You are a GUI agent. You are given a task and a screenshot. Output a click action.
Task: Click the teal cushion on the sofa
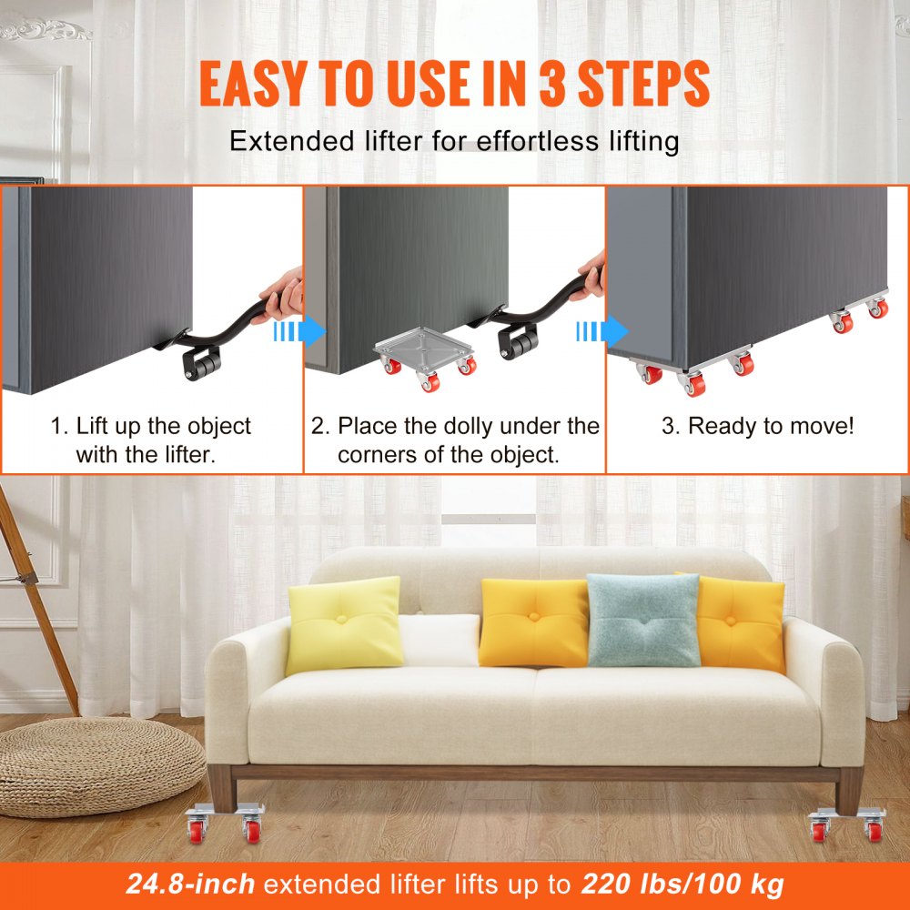643,620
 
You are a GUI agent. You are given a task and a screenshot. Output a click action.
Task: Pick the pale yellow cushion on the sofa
345,625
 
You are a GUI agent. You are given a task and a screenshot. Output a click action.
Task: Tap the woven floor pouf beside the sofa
101,763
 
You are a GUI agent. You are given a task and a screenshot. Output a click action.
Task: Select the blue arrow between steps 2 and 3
602,332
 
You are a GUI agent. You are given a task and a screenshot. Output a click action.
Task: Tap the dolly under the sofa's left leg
225,823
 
